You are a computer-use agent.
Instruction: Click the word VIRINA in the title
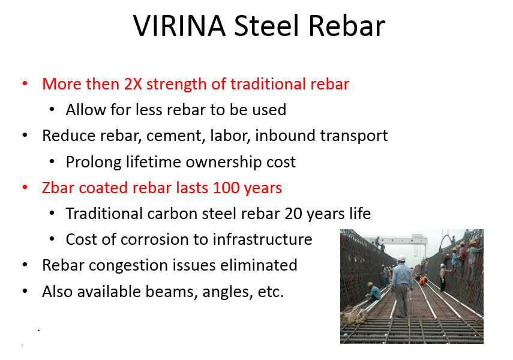click(179, 26)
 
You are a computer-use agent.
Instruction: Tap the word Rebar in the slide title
click(347, 26)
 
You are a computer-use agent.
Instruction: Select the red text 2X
click(133, 84)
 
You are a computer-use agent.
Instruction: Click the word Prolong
click(94, 163)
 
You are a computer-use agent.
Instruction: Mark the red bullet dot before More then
click(25, 84)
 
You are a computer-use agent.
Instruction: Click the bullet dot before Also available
click(25, 291)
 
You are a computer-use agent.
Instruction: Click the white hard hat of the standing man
click(401, 258)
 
